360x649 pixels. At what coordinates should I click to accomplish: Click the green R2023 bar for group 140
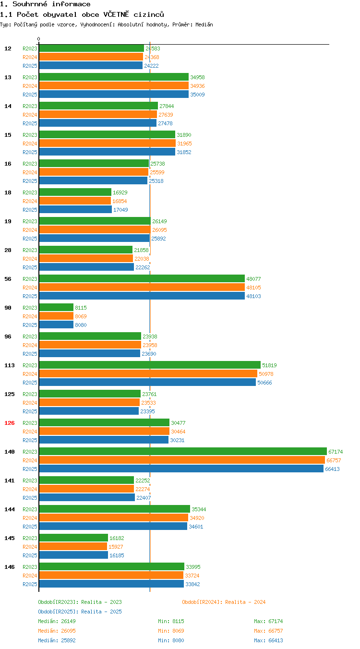(x=183, y=451)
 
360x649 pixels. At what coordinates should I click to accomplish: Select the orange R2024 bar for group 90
(x=56, y=316)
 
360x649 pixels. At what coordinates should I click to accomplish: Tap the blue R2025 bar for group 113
(x=147, y=383)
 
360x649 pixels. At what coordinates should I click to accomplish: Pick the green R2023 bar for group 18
(x=75, y=192)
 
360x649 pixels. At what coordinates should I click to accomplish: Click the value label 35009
(x=197, y=95)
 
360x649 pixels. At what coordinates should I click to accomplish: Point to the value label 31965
(x=184, y=144)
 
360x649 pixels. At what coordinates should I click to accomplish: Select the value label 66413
(x=332, y=469)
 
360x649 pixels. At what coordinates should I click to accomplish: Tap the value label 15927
(x=116, y=547)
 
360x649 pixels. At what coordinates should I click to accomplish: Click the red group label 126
(x=9, y=423)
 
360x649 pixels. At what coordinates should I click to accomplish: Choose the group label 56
(x=8, y=279)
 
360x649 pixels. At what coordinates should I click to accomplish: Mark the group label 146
(x=9, y=567)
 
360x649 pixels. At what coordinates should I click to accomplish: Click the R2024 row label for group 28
(x=30, y=259)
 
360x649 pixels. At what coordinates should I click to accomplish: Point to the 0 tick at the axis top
(x=38, y=39)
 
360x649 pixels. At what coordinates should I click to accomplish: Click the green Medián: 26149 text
(x=57, y=621)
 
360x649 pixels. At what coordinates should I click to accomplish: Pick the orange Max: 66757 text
(x=268, y=631)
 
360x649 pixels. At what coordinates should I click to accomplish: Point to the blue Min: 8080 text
(x=171, y=640)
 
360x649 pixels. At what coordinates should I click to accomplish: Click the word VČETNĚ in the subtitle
(x=116, y=14)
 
